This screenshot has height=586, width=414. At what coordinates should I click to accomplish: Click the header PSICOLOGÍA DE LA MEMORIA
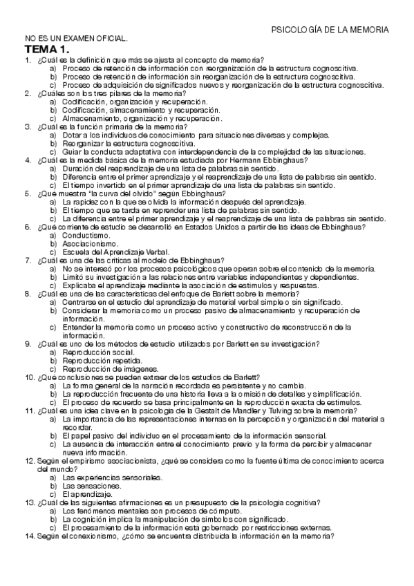[330, 30]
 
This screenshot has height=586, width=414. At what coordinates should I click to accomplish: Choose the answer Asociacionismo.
[91, 244]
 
